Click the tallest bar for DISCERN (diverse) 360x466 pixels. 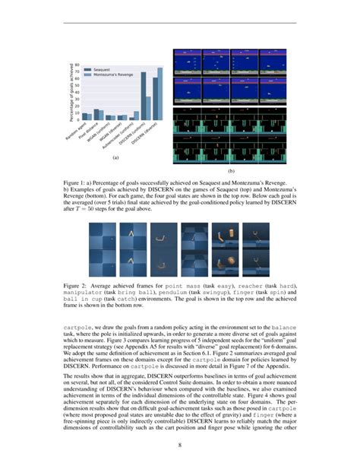pos(159,93)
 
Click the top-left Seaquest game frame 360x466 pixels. pos(189,60)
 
